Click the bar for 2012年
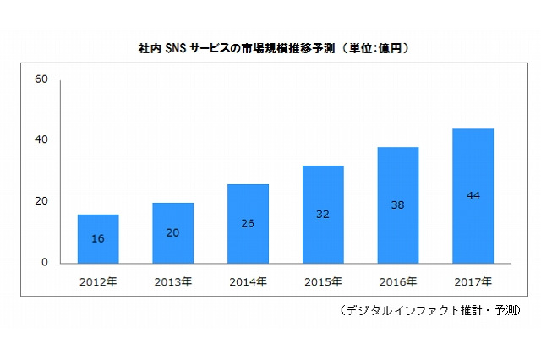click(98, 238)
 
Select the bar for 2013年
click(173, 232)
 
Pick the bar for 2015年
click(323, 214)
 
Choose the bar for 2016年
click(397, 205)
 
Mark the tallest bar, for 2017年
click(473, 195)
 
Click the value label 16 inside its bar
click(98, 239)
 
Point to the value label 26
click(248, 224)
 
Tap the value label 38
click(397, 205)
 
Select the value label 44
click(473, 196)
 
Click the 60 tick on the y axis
click(41, 79)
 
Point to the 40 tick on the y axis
click(41, 140)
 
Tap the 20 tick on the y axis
click(41, 201)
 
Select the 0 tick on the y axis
click(45, 263)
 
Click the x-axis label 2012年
click(98, 281)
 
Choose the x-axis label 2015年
click(323, 281)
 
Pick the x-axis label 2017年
click(473, 281)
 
